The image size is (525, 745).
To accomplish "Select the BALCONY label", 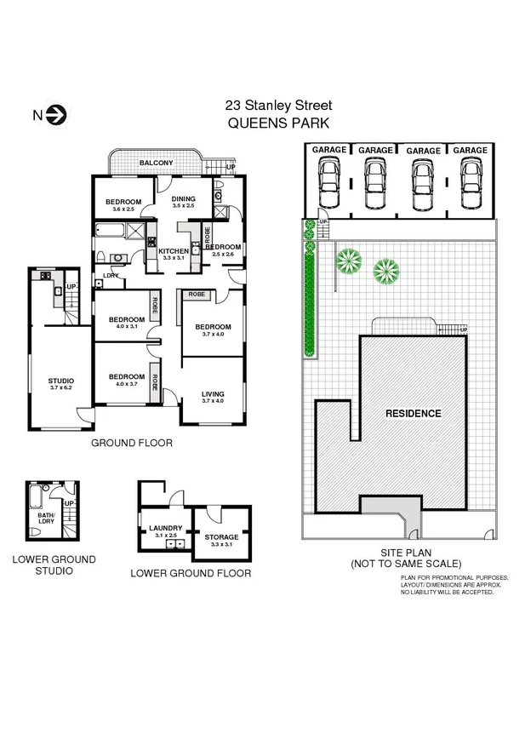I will pyautogui.click(x=157, y=163).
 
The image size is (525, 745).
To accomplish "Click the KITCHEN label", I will pyautogui.click(x=174, y=249).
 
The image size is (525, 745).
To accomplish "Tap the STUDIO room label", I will pyautogui.click(x=60, y=381).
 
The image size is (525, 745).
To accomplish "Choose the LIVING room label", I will pyautogui.click(x=213, y=394).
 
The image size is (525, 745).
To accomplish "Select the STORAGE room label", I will pyautogui.click(x=221, y=537).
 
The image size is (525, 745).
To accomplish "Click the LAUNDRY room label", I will pyautogui.click(x=166, y=528).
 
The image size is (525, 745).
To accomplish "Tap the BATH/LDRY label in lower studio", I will pyautogui.click(x=46, y=516).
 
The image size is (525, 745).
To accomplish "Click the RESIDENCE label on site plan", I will pyautogui.click(x=414, y=414).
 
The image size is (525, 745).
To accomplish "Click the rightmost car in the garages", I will pyautogui.click(x=470, y=179).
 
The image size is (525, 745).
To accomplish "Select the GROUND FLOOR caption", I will pyautogui.click(x=132, y=444).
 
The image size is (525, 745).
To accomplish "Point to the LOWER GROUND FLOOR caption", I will pyautogui.click(x=191, y=574).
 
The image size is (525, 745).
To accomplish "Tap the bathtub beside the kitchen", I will pyautogui.click(x=112, y=230).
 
